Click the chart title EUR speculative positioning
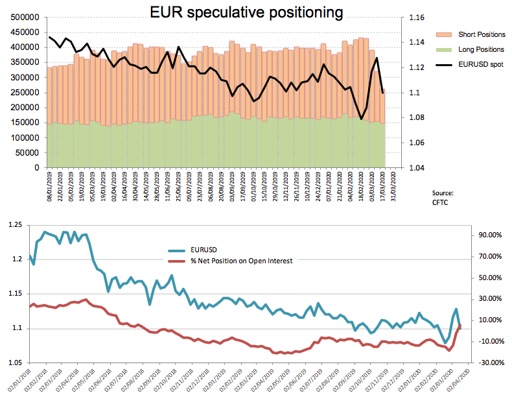point(246,12)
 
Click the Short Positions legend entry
point(481,34)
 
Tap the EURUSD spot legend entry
point(480,64)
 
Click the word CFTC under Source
point(441,203)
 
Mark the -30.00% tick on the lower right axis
point(486,362)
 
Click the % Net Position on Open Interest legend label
point(242,261)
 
